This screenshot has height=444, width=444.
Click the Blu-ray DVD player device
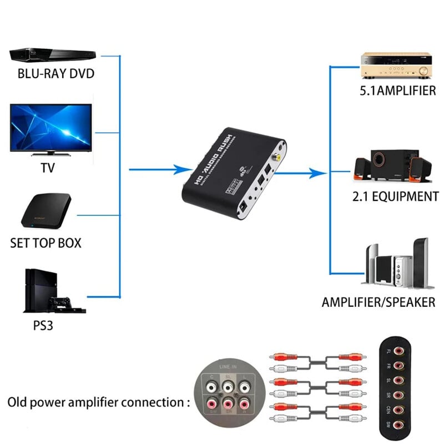click(x=50, y=55)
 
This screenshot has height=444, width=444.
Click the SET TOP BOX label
click(x=46, y=243)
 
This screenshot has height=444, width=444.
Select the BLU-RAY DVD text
click(x=56, y=74)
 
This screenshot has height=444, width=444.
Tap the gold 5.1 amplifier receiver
click(x=397, y=65)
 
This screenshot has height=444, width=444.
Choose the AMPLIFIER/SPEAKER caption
click(x=379, y=302)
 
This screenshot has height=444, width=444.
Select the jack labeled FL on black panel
click(x=399, y=351)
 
